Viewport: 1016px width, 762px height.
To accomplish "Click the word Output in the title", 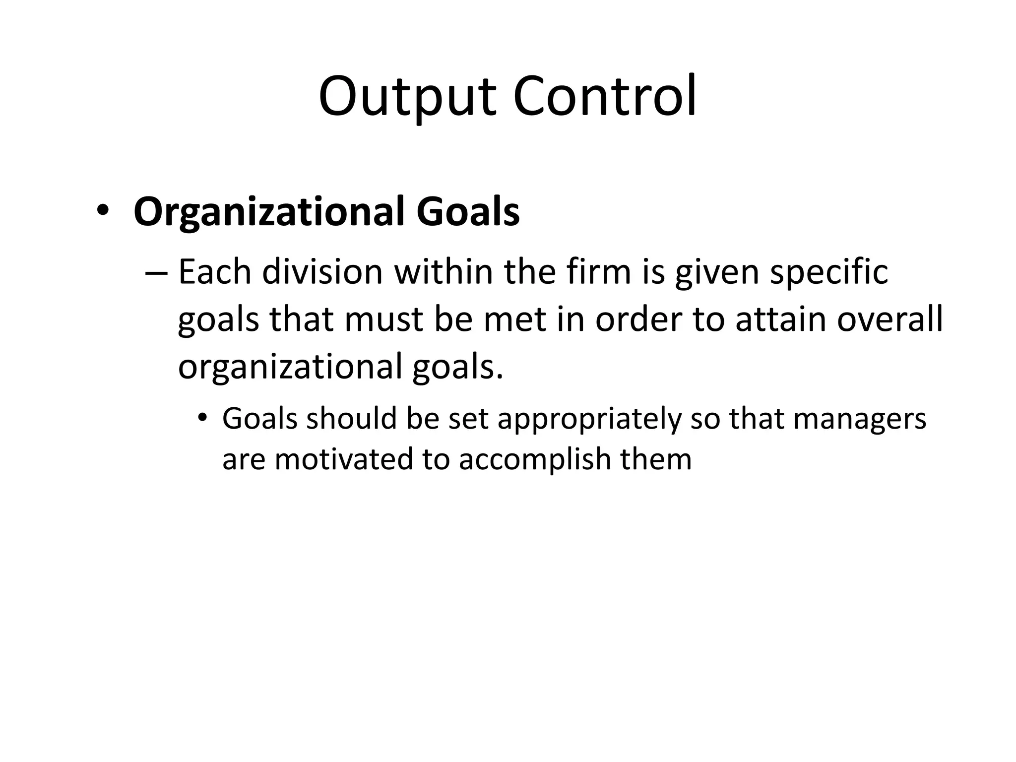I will coord(407,97).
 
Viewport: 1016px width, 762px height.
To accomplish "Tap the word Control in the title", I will coord(605,97).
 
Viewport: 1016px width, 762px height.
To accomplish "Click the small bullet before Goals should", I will coord(201,418).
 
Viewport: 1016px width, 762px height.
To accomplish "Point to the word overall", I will coord(889,320).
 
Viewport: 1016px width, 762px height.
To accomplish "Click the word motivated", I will coord(344,459).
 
